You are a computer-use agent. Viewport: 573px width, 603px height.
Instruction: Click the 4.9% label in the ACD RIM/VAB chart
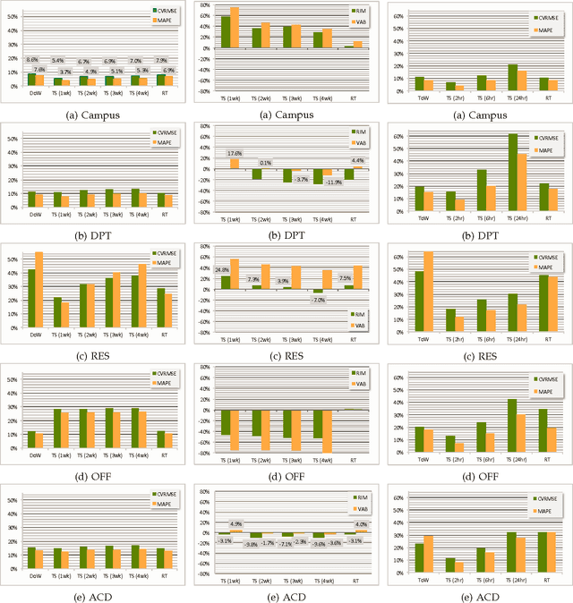[x=235, y=523]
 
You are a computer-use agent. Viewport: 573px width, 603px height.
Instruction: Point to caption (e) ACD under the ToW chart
[x=477, y=591]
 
